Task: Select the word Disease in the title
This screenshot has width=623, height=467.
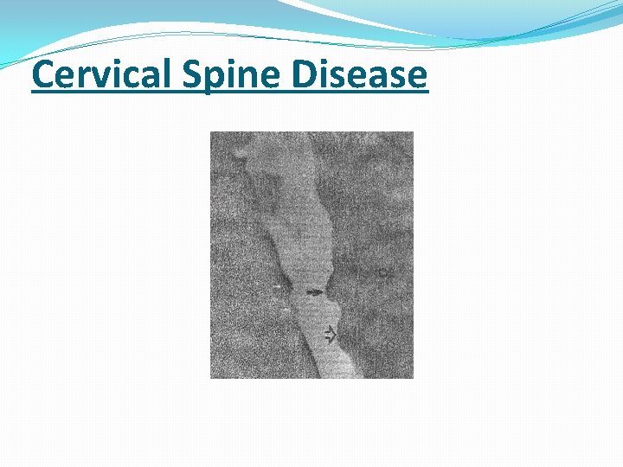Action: [359, 75]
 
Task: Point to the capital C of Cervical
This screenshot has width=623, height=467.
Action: [42, 75]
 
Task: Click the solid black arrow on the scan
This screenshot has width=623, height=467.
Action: [315, 292]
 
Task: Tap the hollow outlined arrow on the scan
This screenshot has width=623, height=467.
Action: [329, 334]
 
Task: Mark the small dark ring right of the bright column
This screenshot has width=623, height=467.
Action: [381, 273]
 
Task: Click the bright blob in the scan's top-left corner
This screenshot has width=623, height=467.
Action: [237, 153]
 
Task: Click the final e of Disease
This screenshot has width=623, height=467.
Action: [417, 78]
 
